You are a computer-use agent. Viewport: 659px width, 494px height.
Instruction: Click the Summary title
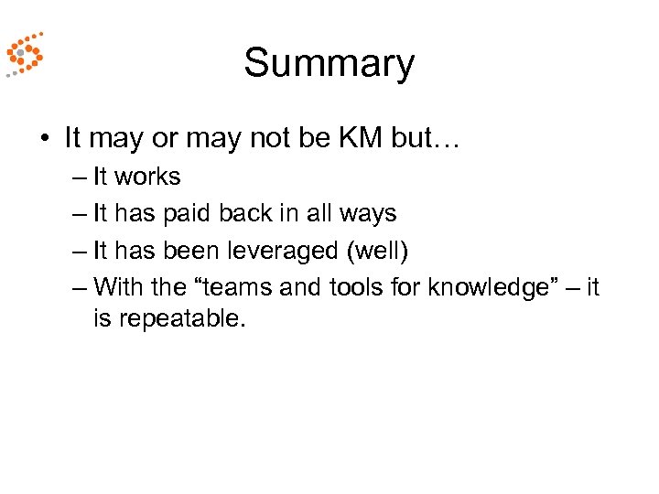click(329, 63)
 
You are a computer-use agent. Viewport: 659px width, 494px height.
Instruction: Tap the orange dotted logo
click(23, 55)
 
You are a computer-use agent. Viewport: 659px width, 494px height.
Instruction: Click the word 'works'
click(148, 176)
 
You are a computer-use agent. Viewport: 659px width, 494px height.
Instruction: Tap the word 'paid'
click(187, 213)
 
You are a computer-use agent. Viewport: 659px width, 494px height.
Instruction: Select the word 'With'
click(118, 287)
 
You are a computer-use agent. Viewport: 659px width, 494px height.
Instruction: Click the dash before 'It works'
click(79, 177)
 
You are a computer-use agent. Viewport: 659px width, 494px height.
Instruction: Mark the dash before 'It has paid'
click(79, 214)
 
